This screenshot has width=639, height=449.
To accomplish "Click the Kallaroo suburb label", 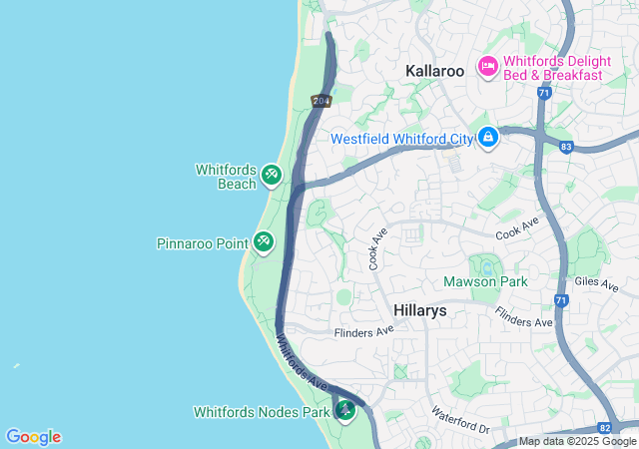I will coord(436,72).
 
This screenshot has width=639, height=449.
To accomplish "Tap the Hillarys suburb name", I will coord(419,310).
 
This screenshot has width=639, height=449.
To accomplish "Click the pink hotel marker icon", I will coord(488,66).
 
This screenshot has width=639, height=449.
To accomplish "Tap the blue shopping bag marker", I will coord(488,137).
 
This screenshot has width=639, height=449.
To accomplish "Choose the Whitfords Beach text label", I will coord(226,177).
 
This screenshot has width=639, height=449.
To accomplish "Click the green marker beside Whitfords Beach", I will coord(271,177).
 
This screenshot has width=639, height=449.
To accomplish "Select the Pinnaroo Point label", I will coord(203,243).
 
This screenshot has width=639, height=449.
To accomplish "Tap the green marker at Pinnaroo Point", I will coord(264,241).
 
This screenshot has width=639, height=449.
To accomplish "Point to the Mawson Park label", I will coord(485,282).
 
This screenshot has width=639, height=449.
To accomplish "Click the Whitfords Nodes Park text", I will coord(262,411).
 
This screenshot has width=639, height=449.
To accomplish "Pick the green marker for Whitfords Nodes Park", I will coord(345,410).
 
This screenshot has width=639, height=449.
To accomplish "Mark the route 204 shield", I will coord(320,101).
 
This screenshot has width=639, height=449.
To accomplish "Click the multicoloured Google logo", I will coord(33,437).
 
